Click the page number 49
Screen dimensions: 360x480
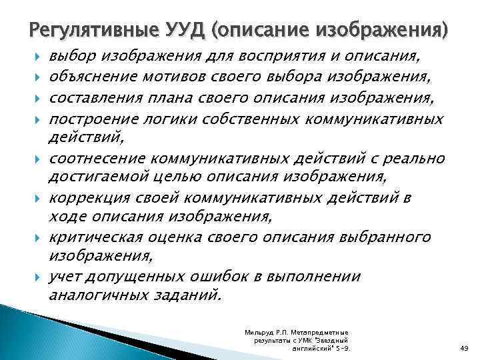465,348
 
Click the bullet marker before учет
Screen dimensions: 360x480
40,277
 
